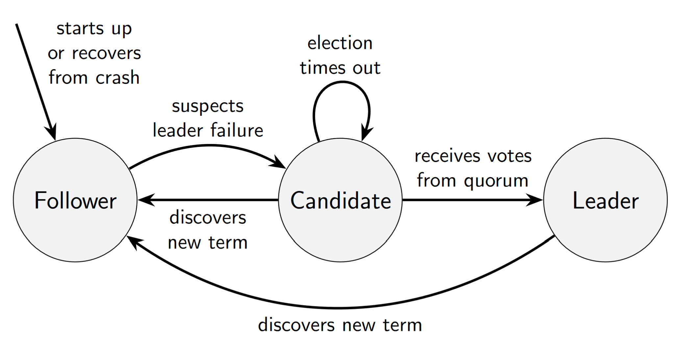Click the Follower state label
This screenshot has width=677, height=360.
75,201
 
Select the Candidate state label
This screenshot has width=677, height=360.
340,201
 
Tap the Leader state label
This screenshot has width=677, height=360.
606,201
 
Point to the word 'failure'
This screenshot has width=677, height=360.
237,130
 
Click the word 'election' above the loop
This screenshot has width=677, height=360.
340,43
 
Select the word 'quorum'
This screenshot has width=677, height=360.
496,181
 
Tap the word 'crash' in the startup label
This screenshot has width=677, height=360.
117,78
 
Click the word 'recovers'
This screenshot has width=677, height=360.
106,53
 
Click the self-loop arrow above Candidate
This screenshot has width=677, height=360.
342,83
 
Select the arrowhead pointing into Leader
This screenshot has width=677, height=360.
535,200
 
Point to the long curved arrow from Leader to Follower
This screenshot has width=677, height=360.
339,308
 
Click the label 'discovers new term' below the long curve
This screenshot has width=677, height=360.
340,325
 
